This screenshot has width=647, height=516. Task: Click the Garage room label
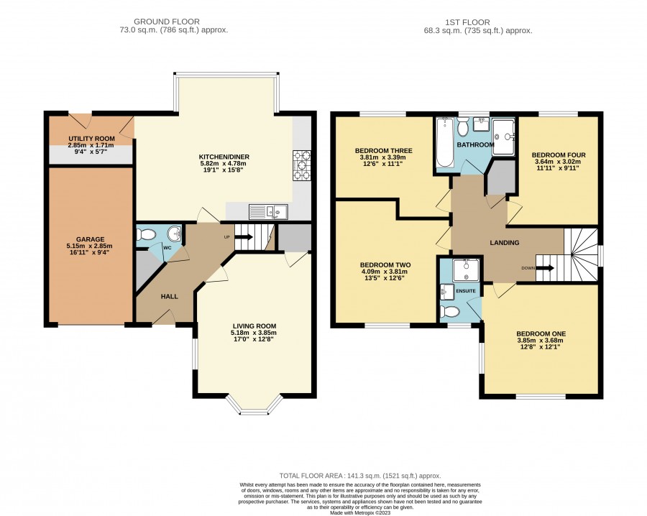(90, 239)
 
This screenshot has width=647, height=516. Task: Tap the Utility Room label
(91, 139)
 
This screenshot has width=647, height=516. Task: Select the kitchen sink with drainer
(268, 211)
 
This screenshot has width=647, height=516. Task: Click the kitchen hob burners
(302, 165)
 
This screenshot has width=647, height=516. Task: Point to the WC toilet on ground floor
(146, 235)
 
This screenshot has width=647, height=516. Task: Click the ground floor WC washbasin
(175, 234)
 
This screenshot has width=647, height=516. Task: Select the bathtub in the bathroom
(445, 142)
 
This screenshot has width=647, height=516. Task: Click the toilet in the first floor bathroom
(462, 126)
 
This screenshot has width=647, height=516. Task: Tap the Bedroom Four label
(559, 155)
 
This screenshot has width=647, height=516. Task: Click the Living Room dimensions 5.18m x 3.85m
(254, 333)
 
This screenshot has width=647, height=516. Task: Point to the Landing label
(504, 242)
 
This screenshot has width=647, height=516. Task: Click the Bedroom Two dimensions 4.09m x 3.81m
(384, 272)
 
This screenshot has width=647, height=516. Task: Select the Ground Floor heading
(167, 22)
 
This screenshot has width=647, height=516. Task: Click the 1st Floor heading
(467, 22)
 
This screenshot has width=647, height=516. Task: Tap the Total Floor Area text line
(360, 476)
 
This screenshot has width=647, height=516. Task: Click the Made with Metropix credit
(360, 512)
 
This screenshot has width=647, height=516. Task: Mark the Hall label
(169, 296)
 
